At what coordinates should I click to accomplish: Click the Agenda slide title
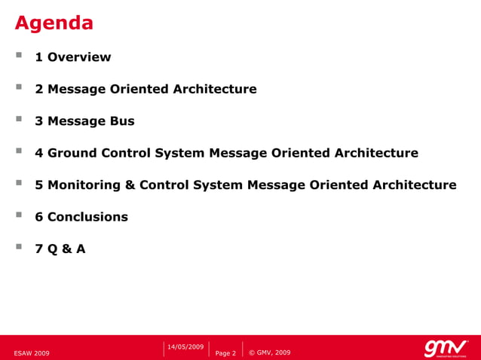coord(54,23)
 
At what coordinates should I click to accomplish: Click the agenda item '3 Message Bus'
coord(84,121)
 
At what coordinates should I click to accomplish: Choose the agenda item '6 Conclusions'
coord(81,217)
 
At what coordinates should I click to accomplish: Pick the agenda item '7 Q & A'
coord(60,249)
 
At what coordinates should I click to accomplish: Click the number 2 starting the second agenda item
coord(39,90)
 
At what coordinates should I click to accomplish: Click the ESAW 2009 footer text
coord(32,352)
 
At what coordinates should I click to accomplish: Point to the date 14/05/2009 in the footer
coord(185,346)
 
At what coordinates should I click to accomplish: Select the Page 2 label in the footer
coord(225,352)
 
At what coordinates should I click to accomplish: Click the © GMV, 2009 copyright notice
coord(269,352)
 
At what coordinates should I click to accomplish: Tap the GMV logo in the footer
coord(446,348)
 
